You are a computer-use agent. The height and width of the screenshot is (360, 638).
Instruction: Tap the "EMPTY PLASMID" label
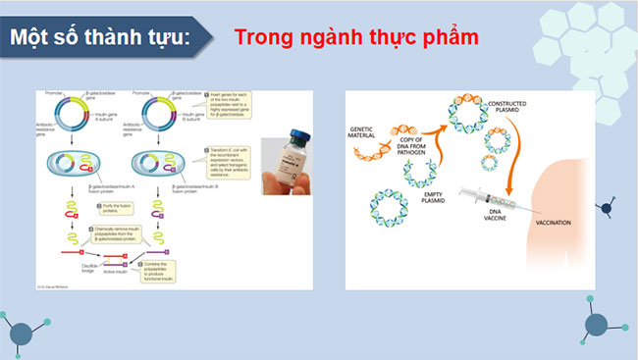[x=434, y=199]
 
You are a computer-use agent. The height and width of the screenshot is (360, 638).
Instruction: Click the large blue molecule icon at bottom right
[x=595, y=327]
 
